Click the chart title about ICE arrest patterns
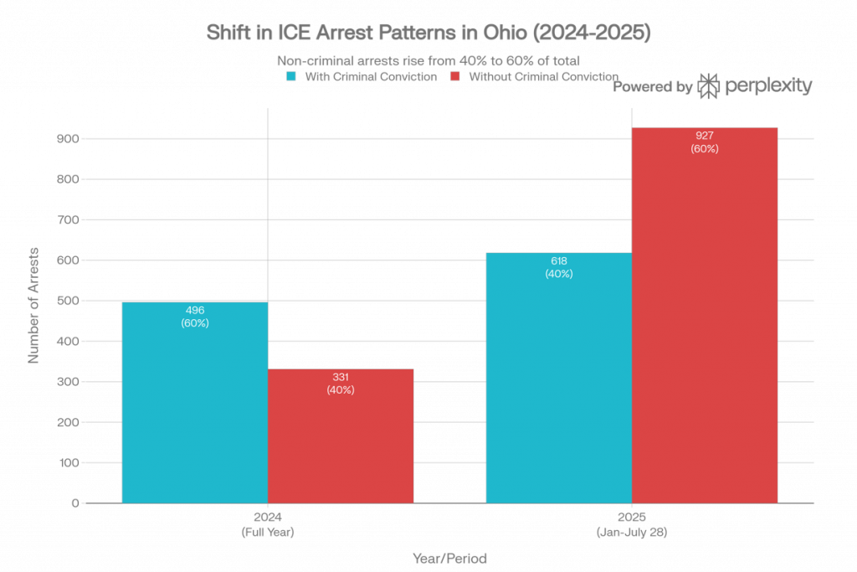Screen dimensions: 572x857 point(428,34)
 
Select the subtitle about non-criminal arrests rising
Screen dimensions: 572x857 point(428,61)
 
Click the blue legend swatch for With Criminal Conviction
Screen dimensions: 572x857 point(290,77)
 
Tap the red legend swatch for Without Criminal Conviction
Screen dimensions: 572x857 point(455,77)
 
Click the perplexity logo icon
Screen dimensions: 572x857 point(708,86)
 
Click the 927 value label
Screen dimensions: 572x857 point(705,136)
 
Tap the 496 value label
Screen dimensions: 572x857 point(194,311)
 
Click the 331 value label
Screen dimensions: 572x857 point(341,378)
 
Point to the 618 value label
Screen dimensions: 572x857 point(558,261)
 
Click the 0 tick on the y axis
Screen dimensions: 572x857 point(75,503)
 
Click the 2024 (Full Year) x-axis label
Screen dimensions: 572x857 point(267,525)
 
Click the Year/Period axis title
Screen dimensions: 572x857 point(449,557)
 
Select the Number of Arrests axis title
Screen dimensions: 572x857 point(34,304)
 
